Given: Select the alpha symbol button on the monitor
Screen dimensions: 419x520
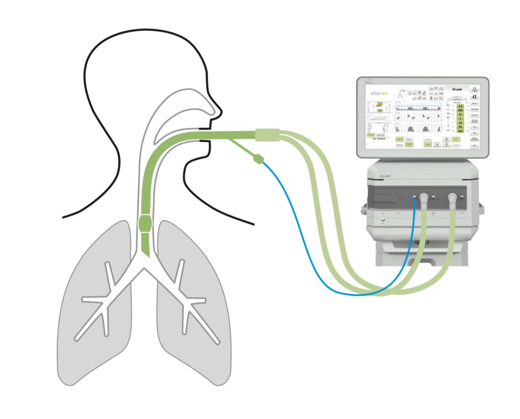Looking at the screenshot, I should [475, 97].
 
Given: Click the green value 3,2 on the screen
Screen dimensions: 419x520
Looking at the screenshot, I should [460, 106].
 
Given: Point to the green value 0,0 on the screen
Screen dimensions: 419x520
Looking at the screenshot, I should [460, 144].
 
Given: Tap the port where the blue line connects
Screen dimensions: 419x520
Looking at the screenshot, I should [414, 197].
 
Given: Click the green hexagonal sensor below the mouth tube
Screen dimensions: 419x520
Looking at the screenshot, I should [258, 158].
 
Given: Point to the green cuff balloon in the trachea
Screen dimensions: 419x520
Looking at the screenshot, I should [145, 223].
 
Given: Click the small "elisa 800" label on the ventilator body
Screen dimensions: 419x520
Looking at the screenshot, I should [385, 176].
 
